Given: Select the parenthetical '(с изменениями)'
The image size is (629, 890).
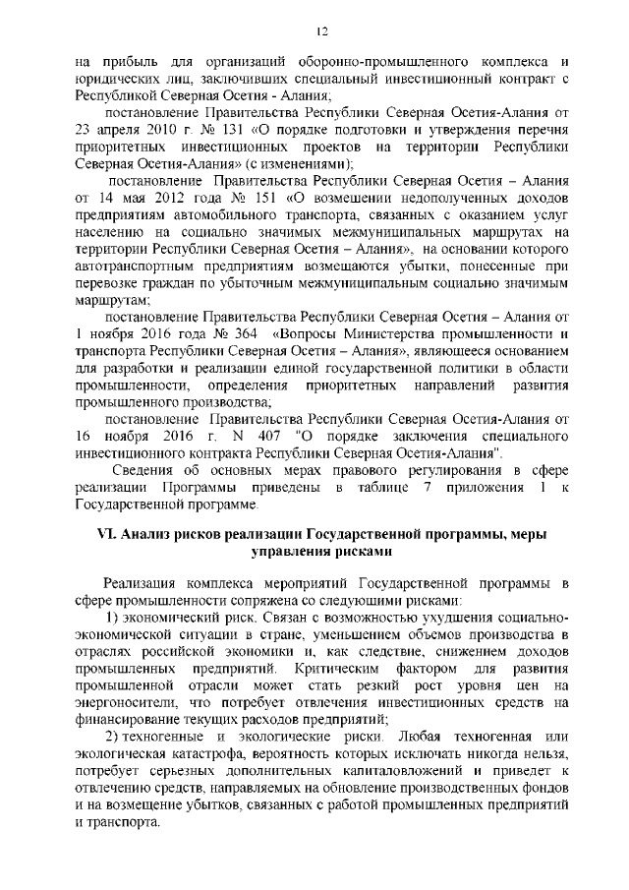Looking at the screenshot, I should click(301, 164).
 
